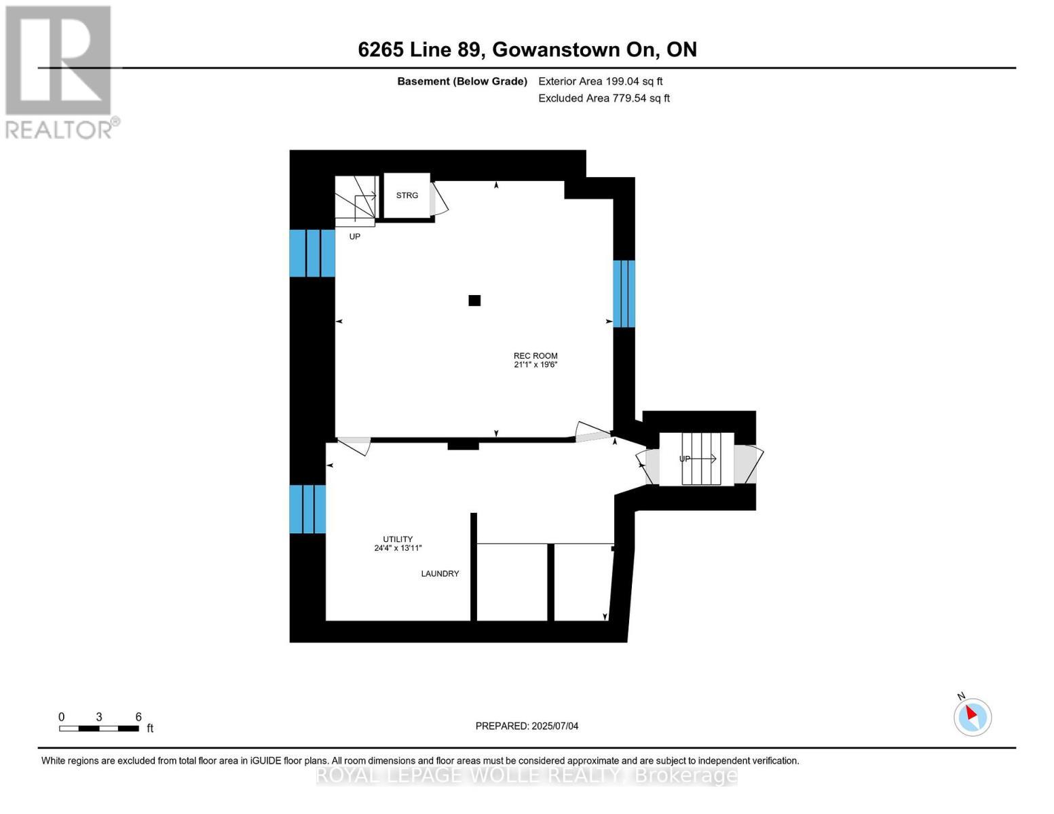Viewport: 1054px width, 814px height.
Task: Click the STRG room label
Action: tap(407, 195)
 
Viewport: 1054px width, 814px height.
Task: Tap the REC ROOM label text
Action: tap(535, 356)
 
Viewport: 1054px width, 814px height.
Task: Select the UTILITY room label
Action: tap(398, 539)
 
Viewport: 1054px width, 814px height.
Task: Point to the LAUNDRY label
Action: tap(440, 574)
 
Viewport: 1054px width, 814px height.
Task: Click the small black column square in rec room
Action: tap(474, 301)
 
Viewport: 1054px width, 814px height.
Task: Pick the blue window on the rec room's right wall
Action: tap(624, 294)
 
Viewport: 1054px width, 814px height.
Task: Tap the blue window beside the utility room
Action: tap(307, 509)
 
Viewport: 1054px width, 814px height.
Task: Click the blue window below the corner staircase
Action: tap(312, 253)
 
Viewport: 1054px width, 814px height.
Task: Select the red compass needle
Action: tap(971, 713)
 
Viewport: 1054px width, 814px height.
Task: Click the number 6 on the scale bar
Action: tap(138, 716)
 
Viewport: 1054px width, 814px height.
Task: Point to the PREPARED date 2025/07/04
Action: tap(555, 726)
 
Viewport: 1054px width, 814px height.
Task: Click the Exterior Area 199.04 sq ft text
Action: tap(601, 81)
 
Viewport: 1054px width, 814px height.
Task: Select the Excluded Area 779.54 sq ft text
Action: tap(604, 98)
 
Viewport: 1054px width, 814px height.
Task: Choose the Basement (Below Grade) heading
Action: tap(462, 81)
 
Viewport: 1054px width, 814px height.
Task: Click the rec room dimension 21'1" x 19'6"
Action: tap(535, 364)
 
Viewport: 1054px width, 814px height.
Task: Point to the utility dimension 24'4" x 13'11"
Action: tap(398, 548)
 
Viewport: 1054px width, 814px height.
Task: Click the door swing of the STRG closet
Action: tap(439, 199)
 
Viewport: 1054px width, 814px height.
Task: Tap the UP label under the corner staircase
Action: tap(354, 237)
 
